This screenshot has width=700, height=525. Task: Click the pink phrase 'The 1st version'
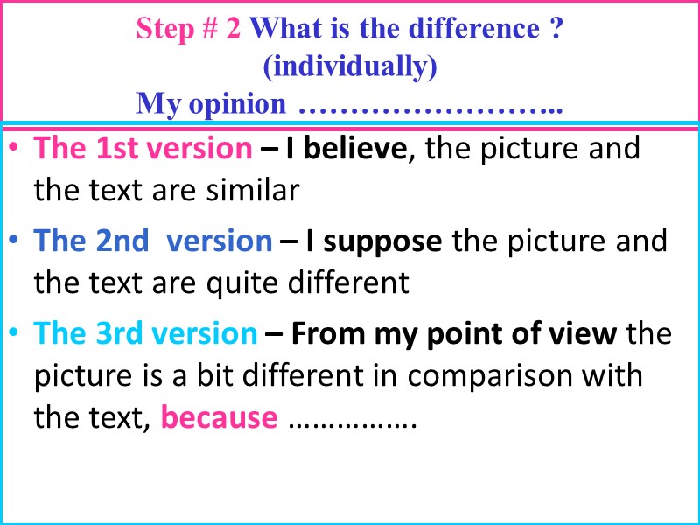click(x=143, y=149)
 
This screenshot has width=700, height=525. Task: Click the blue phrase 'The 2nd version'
click(x=153, y=241)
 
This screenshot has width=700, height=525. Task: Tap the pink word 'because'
click(x=220, y=418)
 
